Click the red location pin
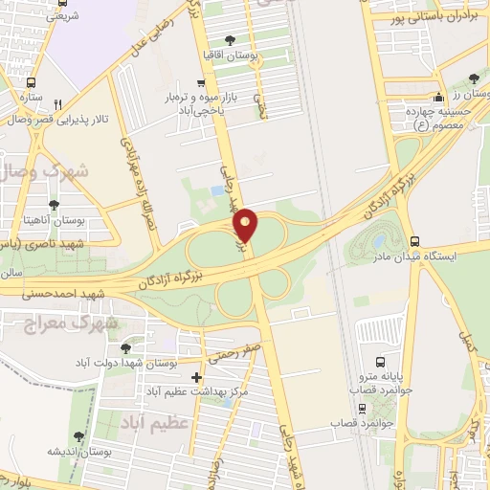coord(247,226)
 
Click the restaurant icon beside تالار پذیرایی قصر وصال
coord(57,104)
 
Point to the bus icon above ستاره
coord(32,82)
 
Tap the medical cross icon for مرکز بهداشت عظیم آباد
coord(197,377)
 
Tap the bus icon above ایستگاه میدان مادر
coord(413,241)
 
